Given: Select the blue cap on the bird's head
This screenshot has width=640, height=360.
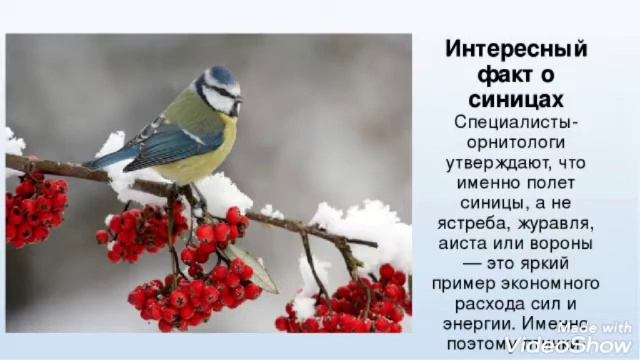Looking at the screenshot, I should (x=220, y=75).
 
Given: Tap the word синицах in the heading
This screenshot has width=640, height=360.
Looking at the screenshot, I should (x=516, y=99).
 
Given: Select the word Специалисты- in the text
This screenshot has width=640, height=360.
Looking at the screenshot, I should (x=516, y=122).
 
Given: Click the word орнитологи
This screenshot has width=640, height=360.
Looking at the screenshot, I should (x=516, y=142).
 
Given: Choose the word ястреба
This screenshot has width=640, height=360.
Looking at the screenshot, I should (x=483, y=223).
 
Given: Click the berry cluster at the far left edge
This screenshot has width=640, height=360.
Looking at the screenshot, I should (x=34, y=209).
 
